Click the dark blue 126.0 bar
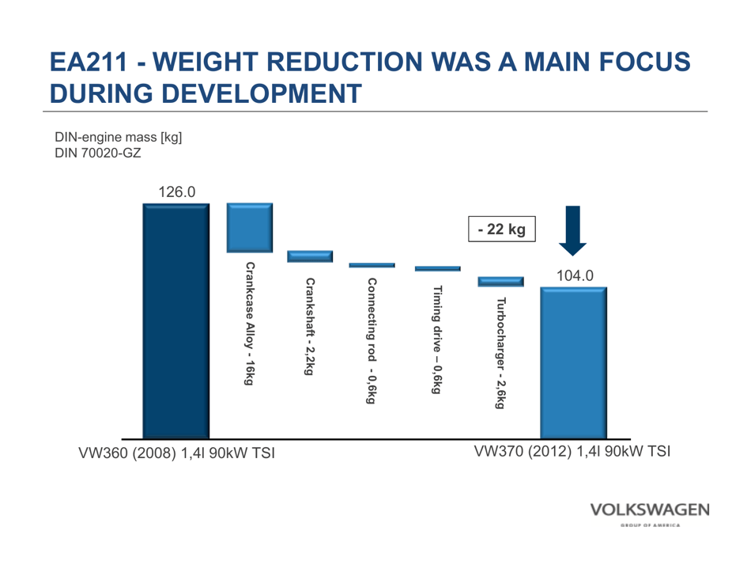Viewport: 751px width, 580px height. tap(175, 320)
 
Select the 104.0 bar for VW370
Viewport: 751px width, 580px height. tap(573, 362)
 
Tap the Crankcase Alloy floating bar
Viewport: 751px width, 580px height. tap(250, 228)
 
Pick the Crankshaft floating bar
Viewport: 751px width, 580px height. tap(310, 256)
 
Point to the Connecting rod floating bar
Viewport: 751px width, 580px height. tap(372, 265)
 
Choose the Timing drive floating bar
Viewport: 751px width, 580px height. tap(437, 269)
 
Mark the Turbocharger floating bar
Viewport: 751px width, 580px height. tap(500, 282)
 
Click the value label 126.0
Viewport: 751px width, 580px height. tap(176, 191)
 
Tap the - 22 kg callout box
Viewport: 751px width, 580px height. tap(502, 229)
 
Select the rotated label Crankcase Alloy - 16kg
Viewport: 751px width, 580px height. tap(250, 324)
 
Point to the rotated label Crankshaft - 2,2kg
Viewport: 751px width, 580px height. tap(310, 325)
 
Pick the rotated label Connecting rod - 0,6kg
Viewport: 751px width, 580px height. tap(372, 340)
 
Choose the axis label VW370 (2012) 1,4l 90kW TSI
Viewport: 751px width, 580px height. tap(572, 451)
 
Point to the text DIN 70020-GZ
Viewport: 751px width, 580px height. tap(97, 153)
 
